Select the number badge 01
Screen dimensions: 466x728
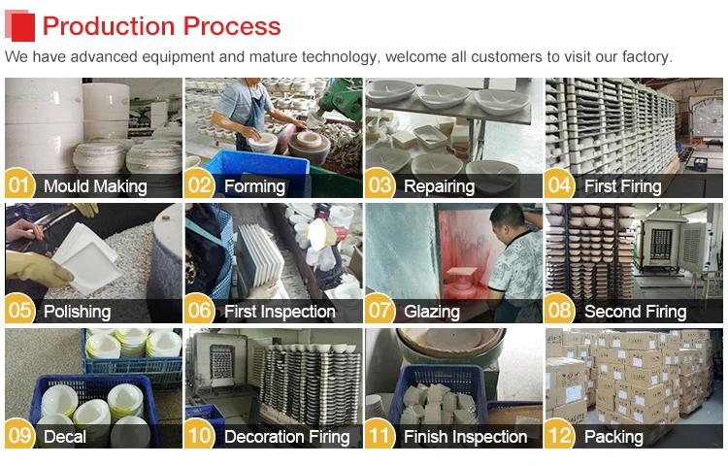coord(20,185)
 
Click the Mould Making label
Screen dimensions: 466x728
coord(95,186)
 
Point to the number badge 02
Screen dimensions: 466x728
coord(200,185)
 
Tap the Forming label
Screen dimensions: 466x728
coord(254,186)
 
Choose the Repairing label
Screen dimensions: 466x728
coord(439,186)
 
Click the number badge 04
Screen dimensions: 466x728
coord(560,185)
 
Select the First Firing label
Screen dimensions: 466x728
coord(622,186)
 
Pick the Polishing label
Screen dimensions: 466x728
coord(77,312)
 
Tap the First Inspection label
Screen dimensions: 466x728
coord(280,312)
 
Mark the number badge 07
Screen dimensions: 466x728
coord(381,311)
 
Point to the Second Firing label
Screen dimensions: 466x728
coord(635,312)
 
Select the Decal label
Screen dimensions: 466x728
coord(65,437)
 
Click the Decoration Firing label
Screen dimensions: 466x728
coord(286,437)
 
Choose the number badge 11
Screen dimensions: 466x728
coord(381,436)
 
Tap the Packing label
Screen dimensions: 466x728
coord(613,437)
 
